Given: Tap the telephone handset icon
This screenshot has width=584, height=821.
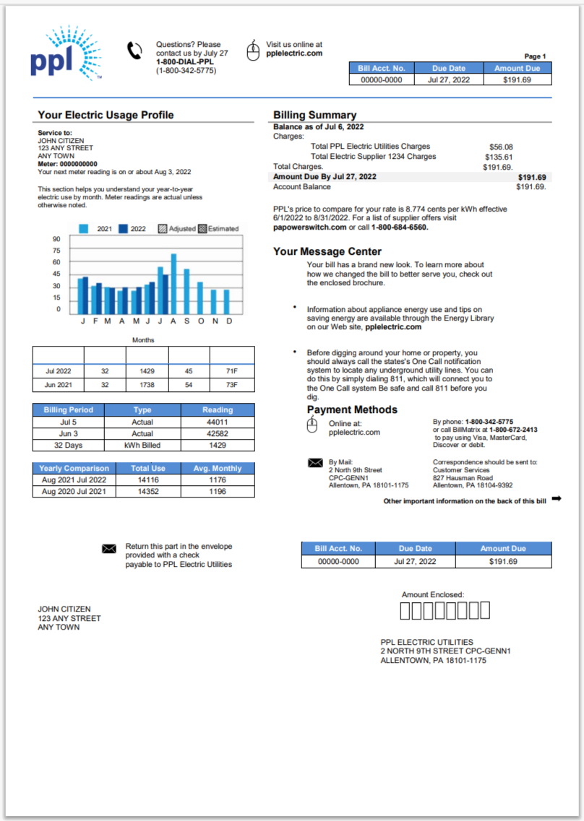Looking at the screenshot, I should point(134,51).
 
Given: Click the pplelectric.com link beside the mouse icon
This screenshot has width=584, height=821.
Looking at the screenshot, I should point(294,53).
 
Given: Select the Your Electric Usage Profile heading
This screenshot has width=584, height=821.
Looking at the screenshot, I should point(106,115).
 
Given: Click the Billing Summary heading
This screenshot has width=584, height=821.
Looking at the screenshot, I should point(314,115).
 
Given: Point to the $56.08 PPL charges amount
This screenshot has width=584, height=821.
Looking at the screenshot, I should point(501,147).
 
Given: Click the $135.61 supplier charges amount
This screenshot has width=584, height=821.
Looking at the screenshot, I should point(499,157).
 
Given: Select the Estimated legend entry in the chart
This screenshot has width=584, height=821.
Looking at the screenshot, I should point(218,229).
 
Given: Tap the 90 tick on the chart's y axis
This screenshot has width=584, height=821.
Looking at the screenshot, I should point(56,240).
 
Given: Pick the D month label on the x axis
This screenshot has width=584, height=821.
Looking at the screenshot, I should point(229,321).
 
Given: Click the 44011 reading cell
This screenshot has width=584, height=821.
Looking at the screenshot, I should point(218,422).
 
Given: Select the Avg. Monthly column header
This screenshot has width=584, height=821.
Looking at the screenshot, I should point(218,469).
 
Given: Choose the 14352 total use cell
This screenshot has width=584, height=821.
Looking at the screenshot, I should point(148,492).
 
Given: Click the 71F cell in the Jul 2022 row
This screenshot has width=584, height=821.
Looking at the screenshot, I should point(231,370).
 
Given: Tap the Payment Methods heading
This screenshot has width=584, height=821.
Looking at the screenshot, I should point(352,409).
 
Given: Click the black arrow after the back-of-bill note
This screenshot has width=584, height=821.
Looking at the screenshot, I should point(557,499).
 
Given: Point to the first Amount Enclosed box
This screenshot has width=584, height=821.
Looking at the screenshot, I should point(405,611).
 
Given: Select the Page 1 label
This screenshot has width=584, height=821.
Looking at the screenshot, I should point(535,56).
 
